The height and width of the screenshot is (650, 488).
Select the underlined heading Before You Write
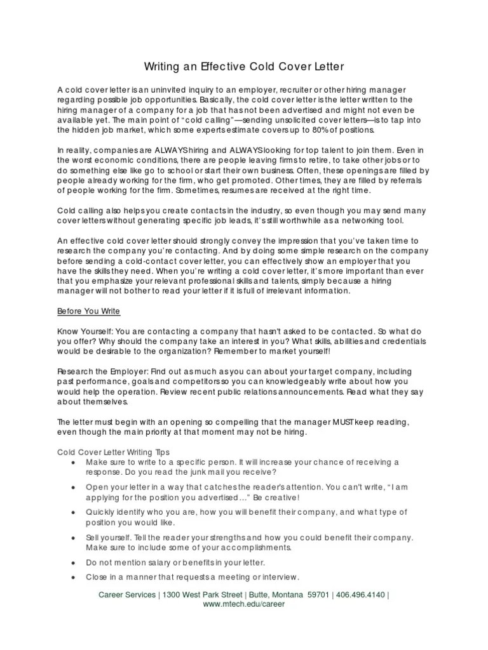click(x=88, y=312)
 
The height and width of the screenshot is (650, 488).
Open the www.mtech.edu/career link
click(x=243, y=604)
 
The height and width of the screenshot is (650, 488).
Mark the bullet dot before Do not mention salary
click(x=74, y=563)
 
